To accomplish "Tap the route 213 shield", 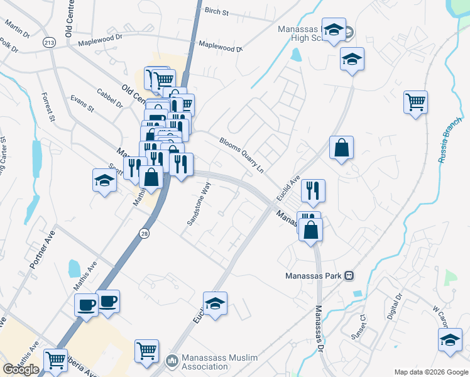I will [x=48, y=42].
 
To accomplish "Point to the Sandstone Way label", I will [x=199, y=204].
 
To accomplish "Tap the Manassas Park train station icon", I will [x=350, y=276].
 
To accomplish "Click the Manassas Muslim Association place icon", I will [x=172, y=362].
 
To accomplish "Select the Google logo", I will [x=21, y=369].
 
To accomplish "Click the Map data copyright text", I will [x=431, y=372].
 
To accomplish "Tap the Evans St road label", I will [x=82, y=104].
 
